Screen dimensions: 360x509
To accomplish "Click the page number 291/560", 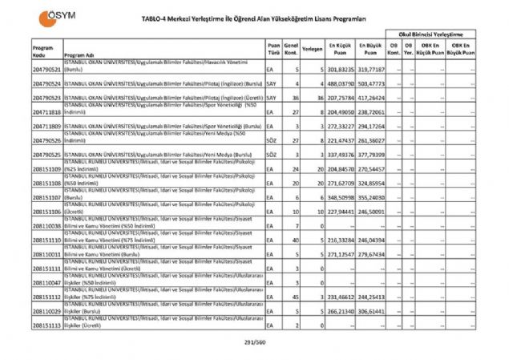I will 254,342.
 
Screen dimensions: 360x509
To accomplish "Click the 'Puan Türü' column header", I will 273,49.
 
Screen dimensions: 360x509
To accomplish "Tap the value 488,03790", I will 340,84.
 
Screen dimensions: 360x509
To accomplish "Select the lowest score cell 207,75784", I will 340,99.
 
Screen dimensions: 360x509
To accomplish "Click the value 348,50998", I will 340,197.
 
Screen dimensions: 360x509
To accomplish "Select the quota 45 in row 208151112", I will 296,297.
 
